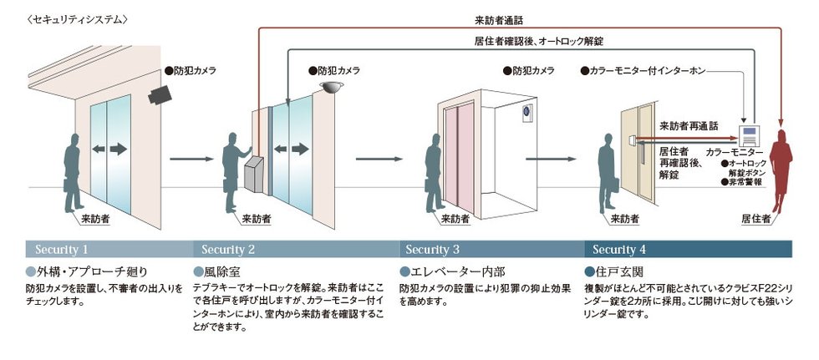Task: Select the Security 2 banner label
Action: (228, 249)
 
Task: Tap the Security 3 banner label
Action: (432, 249)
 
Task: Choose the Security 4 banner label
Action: (619, 249)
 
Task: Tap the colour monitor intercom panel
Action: (749, 135)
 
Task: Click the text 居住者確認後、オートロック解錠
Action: (534, 40)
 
